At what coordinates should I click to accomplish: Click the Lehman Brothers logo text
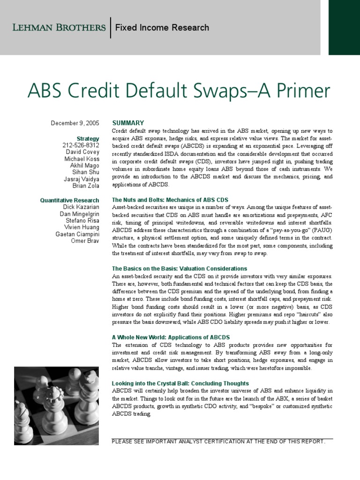pos(59,27)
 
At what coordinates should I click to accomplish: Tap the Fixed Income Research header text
pos(162,28)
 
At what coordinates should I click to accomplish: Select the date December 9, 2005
pos(75,123)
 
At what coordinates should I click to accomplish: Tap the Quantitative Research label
pos(69,200)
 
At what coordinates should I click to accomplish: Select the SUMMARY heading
pos(128,123)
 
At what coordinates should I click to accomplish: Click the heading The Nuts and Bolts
pos(170,200)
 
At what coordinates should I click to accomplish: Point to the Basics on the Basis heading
pos(179,269)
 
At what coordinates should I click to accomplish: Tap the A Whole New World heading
pos(171,337)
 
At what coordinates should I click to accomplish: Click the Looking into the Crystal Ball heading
pos(180,383)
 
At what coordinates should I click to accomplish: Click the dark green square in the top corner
pos(344,28)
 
